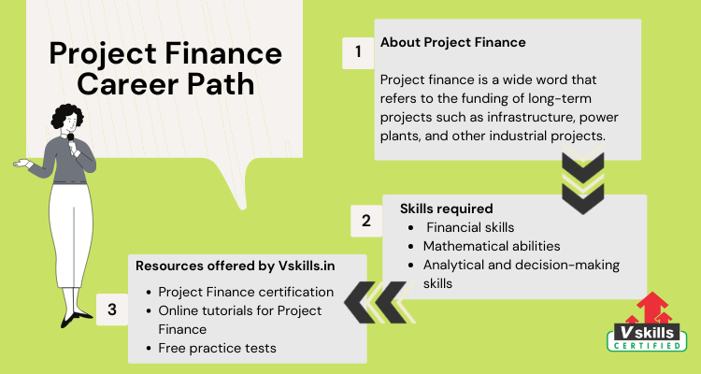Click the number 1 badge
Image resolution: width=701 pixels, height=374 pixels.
click(x=358, y=52)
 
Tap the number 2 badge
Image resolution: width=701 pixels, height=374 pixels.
click(x=366, y=221)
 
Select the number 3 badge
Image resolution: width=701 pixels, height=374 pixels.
click(x=112, y=309)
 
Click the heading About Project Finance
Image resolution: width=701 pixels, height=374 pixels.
click(x=453, y=42)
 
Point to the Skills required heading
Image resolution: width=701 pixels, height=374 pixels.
click(x=446, y=209)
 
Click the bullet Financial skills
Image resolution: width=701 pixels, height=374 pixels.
click(x=470, y=227)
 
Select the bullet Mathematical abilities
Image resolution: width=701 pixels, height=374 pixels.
click(x=492, y=246)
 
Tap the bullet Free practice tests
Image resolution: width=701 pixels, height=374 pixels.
click(x=217, y=348)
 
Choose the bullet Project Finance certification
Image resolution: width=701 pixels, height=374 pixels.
click(x=246, y=292)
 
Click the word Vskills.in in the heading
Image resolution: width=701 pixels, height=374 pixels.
click(x=307, y=266)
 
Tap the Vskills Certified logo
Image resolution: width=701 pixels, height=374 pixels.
click(x=647, y=322)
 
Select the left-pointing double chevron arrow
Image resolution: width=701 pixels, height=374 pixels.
click(x=379, y=302)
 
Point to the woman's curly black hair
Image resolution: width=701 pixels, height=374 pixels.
click(x=67, y=115)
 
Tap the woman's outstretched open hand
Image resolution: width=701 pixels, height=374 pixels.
click(x=21, y=163)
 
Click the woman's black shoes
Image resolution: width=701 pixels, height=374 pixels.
click(x=76, y=318)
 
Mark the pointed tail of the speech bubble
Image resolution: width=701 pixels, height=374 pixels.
click(x=243, y=208)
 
